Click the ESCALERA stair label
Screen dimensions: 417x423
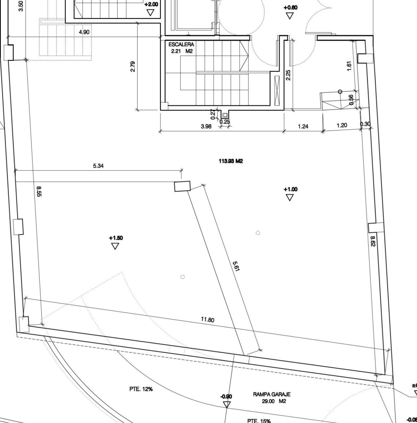pyautogui.click(x=181, y=45)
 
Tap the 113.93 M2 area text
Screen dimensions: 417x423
pyautogui.click(x=231, y=161)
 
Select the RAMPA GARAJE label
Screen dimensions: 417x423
pyautogui.click(x=272, y=394)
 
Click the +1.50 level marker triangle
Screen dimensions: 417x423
pyautogui.click(x=115, y=246)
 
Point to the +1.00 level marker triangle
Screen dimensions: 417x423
pyautogui.click(x=290, y=197)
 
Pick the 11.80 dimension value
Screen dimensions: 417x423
pyautogui.click(x=207, y=320)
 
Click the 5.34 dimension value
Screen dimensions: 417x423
pyautogui.click(x=98, y=166)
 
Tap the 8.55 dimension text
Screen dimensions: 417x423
pyautogui.click(x=39, y=192)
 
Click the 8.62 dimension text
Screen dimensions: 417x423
pyautogui.click(x=372, y=241)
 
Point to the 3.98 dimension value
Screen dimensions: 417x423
pyautogui.click(x=206, y=126)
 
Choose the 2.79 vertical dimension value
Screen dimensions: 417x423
pyautogui.click(x=133, y=67)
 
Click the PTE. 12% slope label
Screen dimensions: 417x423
pyautogui.click(x=141, y=389)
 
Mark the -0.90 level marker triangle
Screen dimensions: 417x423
pyautogui.click(x=227, y=405)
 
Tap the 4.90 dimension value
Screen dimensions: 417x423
pyautogui.click(x=84, y=32)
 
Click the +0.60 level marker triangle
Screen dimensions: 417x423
pyautogui.click(x=290, y=16)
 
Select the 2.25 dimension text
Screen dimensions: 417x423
pyautogui.click(x=288, y=75)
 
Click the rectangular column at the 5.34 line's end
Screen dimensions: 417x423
pyautogui.click(x=182, y=186)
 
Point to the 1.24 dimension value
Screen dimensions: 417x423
pyautogui.click(x=303, y=126)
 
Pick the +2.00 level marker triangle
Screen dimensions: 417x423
pyautogui.click(x=150, y=13)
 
